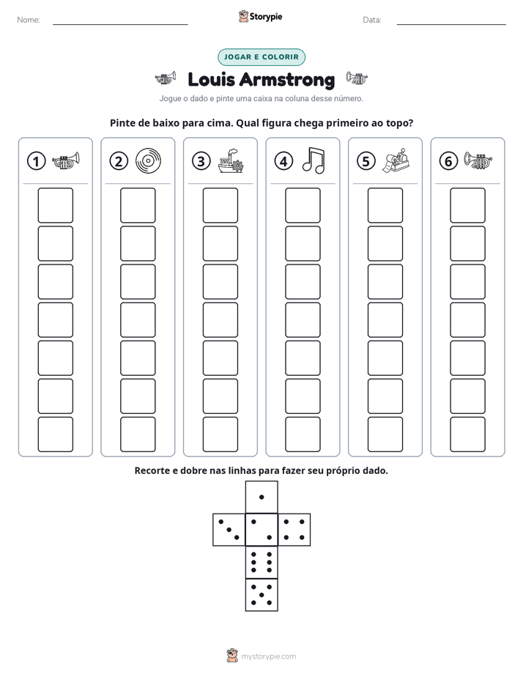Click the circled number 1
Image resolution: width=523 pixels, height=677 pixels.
(36, 161)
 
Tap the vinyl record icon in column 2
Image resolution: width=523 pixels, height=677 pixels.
(148, 161)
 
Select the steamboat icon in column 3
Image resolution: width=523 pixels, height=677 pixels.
(231, 161)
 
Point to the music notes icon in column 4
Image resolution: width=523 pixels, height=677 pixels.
(314, 160)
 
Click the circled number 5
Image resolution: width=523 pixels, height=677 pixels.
(366, 161)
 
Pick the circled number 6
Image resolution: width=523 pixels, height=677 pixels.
(448, 161)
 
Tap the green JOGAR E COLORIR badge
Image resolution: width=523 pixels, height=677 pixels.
(261, 57)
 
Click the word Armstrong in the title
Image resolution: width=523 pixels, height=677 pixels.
(287, 80)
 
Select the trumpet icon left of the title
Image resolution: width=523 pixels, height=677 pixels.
(166, 78)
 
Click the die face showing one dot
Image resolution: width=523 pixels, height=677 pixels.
(261, 497)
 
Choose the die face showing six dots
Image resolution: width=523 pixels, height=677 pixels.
(261, 563)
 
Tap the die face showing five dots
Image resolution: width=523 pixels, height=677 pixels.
(261, 595)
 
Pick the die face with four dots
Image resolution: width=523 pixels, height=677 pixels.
(294, 530)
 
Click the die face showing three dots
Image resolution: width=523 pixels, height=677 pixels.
(229, 530)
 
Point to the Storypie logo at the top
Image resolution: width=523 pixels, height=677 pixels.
(260, 16)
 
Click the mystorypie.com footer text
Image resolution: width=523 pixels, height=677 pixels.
(268, 656)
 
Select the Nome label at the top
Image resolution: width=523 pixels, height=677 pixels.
(29, 20)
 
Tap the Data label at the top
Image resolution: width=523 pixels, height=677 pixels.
(372, 20)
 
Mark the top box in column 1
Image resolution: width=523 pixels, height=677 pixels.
(55, 205)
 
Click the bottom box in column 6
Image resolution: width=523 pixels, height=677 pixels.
(468, 434)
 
